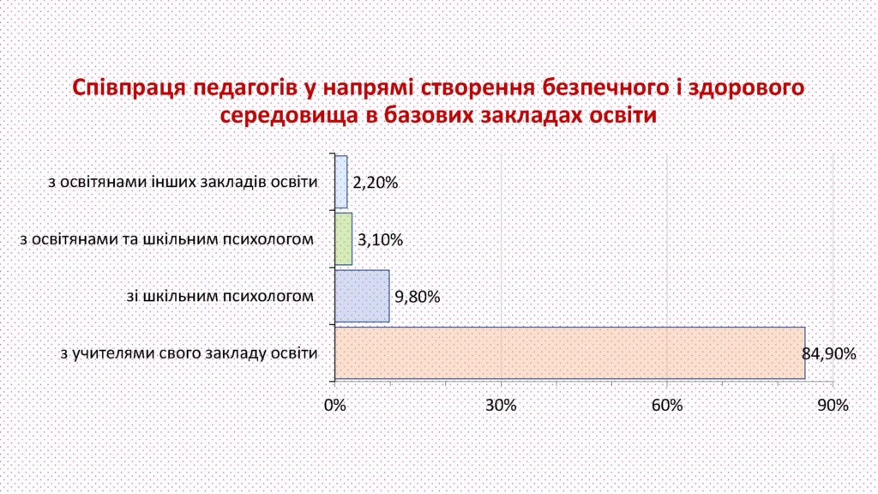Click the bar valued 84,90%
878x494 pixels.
570,353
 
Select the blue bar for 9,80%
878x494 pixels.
363,296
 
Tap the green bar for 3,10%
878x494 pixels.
344,239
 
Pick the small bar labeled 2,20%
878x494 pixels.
341,182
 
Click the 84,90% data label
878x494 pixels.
829,354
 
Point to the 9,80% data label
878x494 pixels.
418,297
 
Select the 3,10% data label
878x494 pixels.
380,240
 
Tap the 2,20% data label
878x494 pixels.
376,183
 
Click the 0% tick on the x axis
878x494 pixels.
335,405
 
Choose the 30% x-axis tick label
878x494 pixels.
501,405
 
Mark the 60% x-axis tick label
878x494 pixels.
667,405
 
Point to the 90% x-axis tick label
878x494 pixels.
833,405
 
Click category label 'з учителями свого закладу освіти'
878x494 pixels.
189,353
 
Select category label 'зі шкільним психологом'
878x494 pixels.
220,296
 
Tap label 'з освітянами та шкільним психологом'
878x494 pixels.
167,239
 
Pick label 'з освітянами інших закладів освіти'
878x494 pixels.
183,182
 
